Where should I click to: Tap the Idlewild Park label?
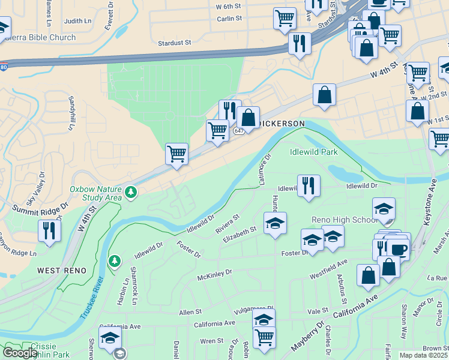313,152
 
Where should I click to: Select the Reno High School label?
344,220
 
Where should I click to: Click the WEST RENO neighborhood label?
58,271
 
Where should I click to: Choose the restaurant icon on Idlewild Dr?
309,185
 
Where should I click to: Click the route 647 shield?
239,131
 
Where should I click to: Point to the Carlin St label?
229,18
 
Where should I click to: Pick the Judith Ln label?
78,21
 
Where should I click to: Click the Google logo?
20,353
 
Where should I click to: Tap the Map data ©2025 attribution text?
424,355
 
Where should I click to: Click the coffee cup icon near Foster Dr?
397,248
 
